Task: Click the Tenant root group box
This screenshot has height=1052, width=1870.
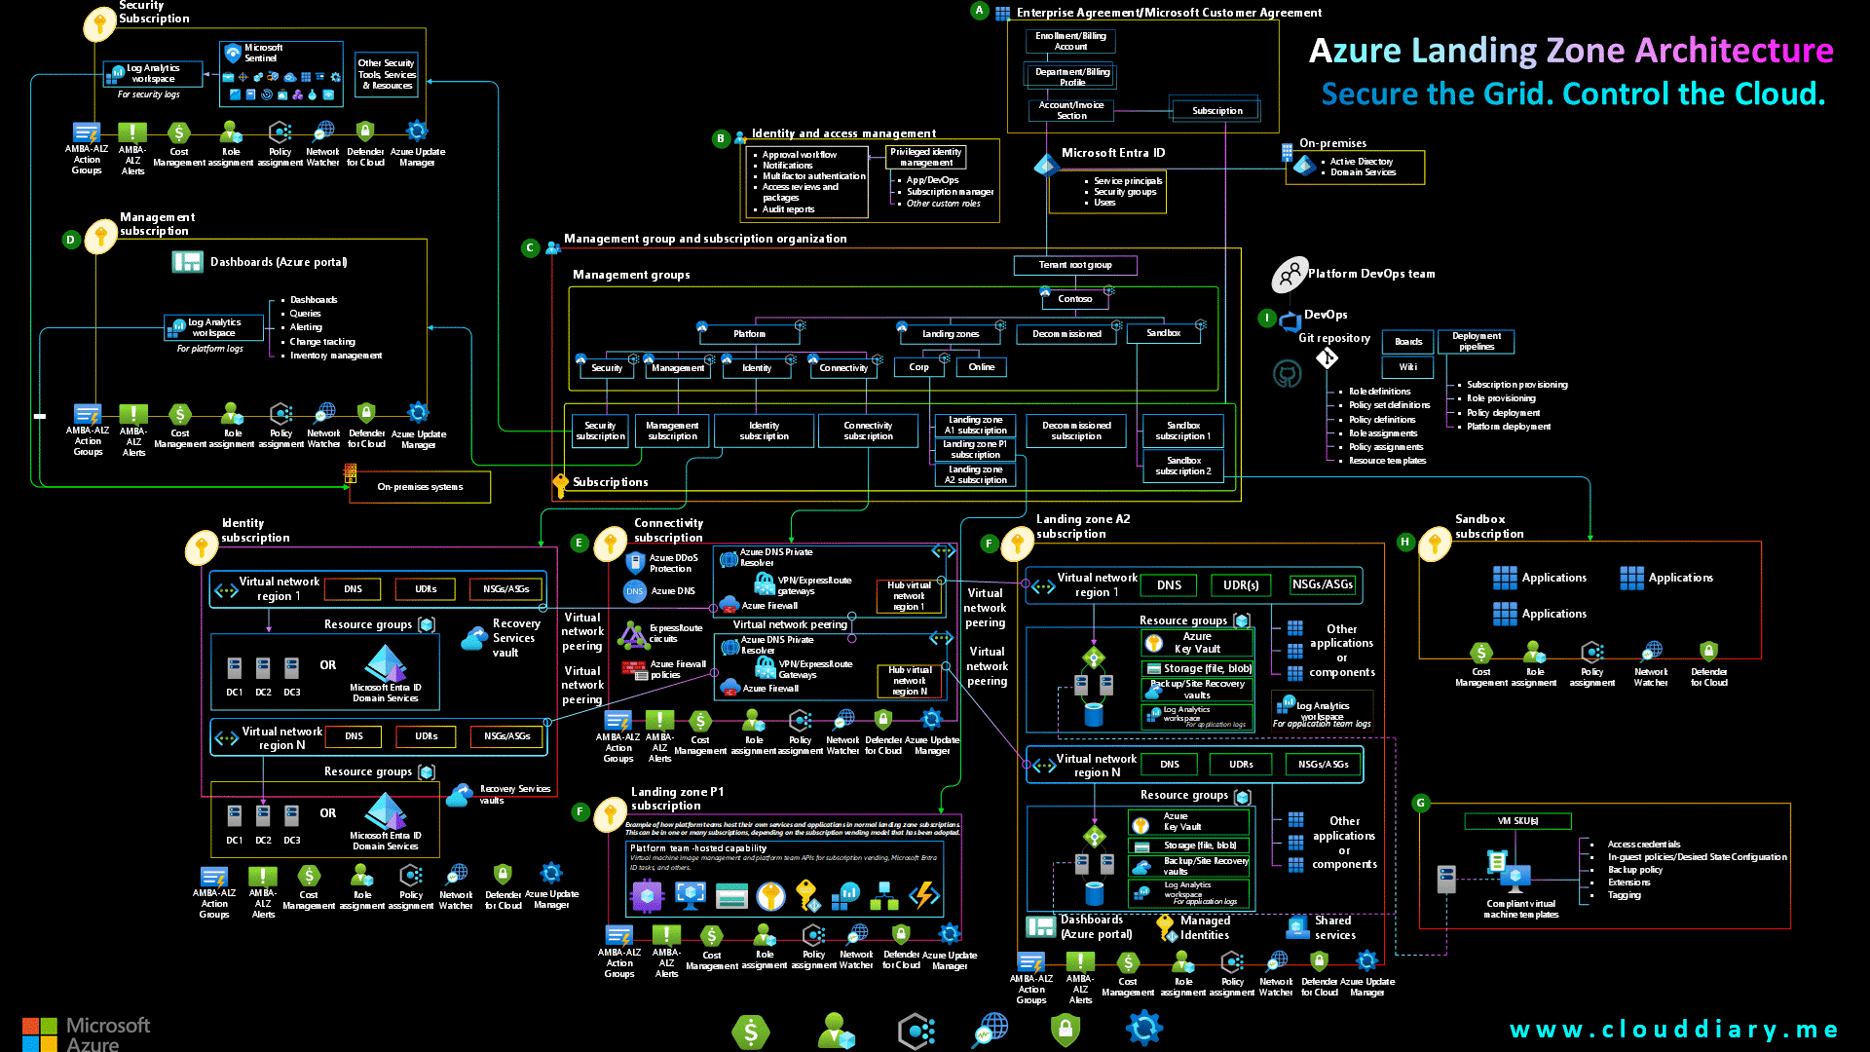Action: [x=1074, y=265]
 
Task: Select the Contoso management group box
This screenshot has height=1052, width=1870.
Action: [x=1074, y=299]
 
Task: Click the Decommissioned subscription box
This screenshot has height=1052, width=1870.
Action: [x=1076, y=431]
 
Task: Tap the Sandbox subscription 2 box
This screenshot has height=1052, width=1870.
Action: [x=1182, y=466]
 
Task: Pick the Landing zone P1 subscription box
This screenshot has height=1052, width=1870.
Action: [x=975, y=449]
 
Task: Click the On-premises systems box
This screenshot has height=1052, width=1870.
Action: [x=420, y=487]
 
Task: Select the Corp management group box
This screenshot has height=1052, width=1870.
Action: [x=918, y=367]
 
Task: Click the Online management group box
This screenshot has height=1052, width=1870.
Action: [x=981, y=367]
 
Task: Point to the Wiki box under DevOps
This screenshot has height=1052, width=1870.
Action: [x=1407, y=367]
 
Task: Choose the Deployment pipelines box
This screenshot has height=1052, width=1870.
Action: [x=1476, y=341]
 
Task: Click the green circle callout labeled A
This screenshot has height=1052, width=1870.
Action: [x=979, y=11]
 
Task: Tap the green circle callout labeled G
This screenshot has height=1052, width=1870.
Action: [x=1420, y=803]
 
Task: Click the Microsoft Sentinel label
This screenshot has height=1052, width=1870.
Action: [x=263, y=53]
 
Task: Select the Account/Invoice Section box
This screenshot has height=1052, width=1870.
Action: [x=1070, y=110]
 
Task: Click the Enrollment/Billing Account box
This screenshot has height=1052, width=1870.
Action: [x=1070, y=41]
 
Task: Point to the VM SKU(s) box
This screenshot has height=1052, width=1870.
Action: [x=1516, y=821]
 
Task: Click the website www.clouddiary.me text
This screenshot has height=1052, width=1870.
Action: [x=1672, y=1030]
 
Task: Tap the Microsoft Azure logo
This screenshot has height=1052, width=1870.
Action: [x=86, y=1033]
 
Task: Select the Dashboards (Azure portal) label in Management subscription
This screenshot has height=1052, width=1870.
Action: [x=278, y=262]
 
